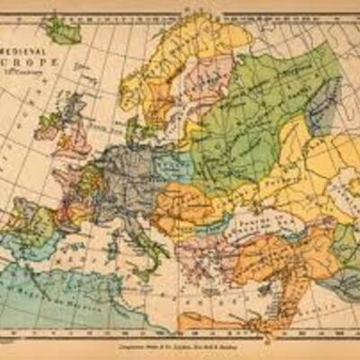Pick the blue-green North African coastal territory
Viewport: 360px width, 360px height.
tap(63, 288)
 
